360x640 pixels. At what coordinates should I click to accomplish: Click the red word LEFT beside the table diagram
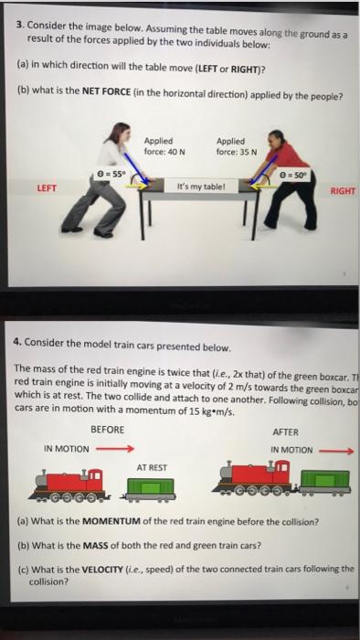(47, 189)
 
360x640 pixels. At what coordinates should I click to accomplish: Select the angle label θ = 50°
(300, 174)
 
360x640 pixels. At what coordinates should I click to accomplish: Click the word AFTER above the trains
(286, 432)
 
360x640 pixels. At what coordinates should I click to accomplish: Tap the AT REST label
(152, 467)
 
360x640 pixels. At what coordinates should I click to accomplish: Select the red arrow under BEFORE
(116, 449)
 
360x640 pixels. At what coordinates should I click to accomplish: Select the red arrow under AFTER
(334, 450)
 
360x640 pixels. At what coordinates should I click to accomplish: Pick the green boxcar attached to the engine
(325, 481)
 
